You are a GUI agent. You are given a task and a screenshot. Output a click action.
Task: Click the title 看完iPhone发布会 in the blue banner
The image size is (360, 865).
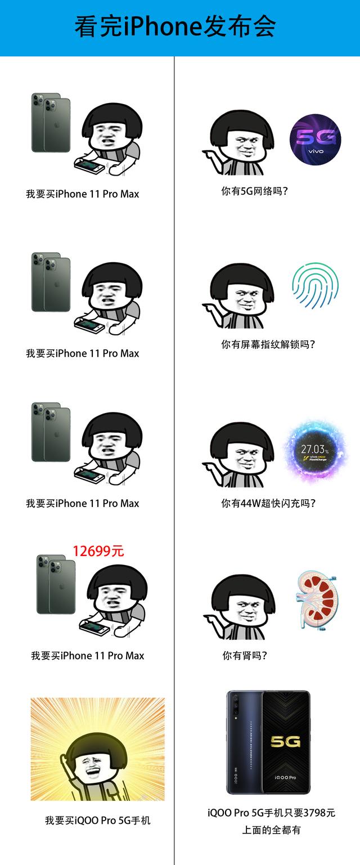(x=175, y=27)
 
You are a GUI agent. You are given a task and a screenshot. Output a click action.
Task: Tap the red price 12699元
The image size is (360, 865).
(x=98, y=550)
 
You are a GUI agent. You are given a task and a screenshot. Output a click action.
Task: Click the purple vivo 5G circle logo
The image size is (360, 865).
(x=315, y=140)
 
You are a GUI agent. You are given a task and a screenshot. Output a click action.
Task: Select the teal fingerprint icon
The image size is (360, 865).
(x=315, y=286)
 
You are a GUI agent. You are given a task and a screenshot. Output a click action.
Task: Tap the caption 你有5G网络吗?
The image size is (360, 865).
(x=254, y=191)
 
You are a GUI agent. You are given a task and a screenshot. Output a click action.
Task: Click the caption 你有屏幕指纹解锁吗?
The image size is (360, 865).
(x=268, y=344)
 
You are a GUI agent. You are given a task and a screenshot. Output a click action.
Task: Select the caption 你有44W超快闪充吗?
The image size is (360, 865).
(x=268, y=503)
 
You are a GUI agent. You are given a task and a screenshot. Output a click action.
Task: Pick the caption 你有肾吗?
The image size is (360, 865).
(x=245, y=655)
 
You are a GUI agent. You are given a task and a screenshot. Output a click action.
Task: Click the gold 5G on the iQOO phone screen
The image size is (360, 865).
(x=286, y=742)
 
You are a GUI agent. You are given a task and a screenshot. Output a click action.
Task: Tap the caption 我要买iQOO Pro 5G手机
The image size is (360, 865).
(x=98, y=820)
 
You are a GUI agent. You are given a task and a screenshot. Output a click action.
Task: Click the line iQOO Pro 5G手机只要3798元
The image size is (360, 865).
(x=271, y=813)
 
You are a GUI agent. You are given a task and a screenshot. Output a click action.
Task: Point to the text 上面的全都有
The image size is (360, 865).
(x=271, y=830)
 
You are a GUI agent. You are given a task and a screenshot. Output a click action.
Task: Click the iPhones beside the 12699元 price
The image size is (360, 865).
(x=56, y=584)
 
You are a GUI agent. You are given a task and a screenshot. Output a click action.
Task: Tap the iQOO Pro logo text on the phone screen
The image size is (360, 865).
(x=286, y=777)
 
